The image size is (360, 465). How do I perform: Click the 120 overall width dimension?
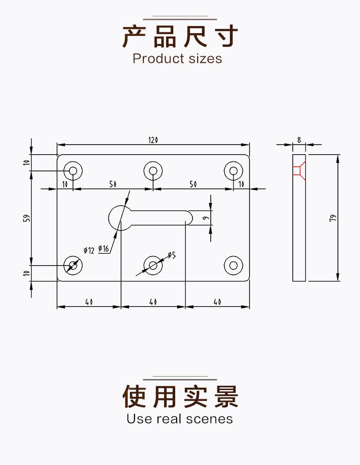click(153, 140)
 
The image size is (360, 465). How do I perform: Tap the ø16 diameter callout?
click(104, 248)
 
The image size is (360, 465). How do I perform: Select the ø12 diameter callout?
click(89, 250)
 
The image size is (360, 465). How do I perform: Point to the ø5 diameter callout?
click(171, 255)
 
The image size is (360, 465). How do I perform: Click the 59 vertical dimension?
click(27, 218)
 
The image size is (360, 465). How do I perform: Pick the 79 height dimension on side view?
click(332, 218)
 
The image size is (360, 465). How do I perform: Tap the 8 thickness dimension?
click(299, 140)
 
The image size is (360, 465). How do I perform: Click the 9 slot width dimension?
click(205, 218)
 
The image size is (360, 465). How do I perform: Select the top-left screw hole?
click(73, 170)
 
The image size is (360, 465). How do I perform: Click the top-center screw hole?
click(153, 170)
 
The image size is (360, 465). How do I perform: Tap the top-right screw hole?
click(233, 170)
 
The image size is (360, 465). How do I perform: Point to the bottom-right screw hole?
click(233, 265)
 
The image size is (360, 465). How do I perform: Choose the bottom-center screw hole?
click(153, 265)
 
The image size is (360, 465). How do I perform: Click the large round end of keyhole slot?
click(120, 217)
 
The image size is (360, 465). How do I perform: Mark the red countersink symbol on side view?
click(298, 170)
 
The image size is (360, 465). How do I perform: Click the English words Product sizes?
click(177, 59)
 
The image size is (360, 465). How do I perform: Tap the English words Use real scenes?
click(180, 419)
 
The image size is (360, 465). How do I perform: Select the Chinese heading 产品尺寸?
click(180, 37)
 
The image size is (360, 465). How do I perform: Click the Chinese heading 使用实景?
click(180, 397)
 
